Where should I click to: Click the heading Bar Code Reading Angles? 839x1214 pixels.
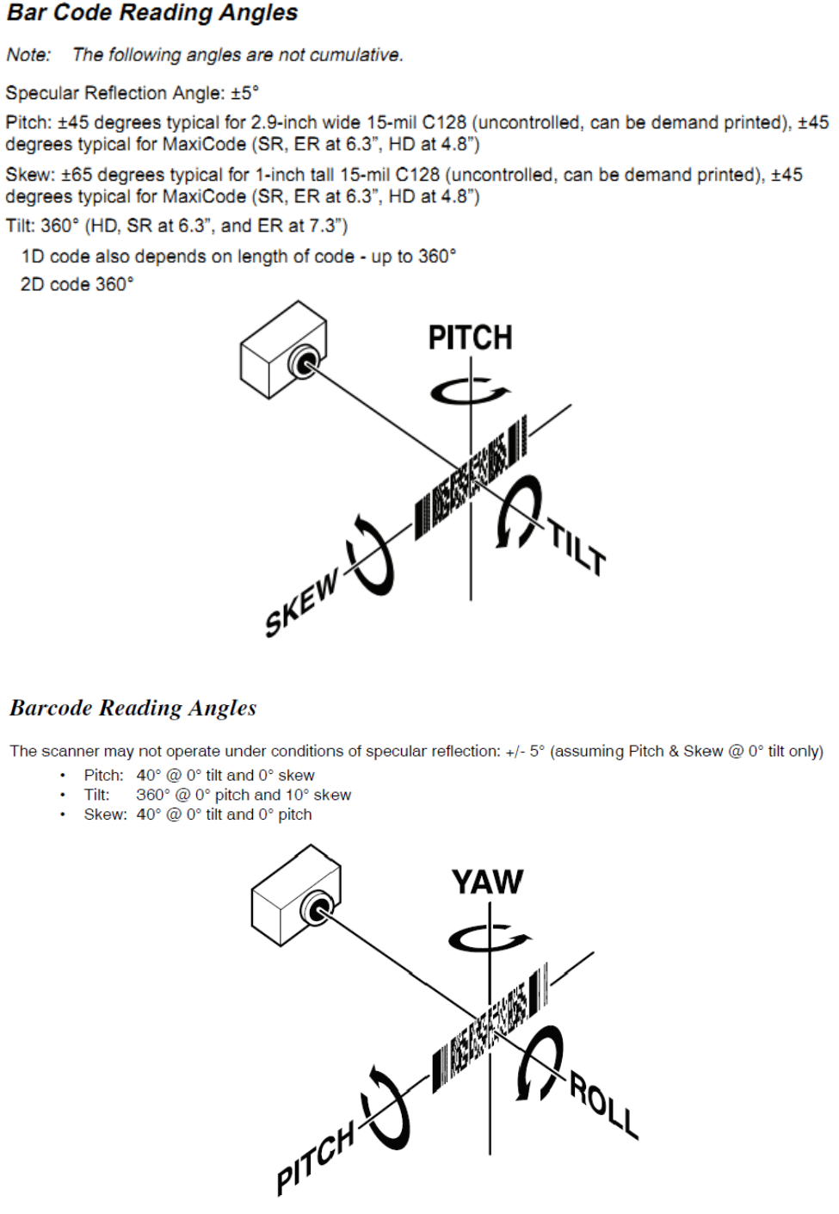(x=152, y=13)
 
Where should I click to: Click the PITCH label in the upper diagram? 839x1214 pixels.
(x=470, y=338)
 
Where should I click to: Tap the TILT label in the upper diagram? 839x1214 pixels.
(x=578, y=548)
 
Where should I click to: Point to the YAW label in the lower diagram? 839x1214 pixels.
(x=487, y=882)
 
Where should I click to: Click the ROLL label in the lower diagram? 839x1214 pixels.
(x=604, y=1106)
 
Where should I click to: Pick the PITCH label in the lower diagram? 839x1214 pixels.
(x=316, y=1159)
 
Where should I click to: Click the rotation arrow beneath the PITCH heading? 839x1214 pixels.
(x=469, y=391)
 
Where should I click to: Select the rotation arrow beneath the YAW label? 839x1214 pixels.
(x=489, y=937)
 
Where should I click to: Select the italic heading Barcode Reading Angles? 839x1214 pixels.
(x=133, y=708)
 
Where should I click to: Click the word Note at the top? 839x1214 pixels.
(x=28, y=55)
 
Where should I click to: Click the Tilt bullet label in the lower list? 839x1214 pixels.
(x=96, y=795)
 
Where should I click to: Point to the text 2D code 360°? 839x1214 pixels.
(x=77, y=284)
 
